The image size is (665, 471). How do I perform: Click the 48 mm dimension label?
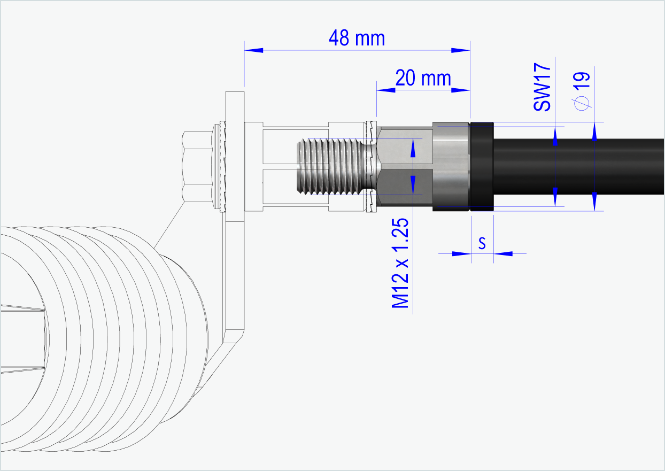357,38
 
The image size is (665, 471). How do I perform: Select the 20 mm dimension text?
423,79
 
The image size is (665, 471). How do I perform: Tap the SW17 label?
542,87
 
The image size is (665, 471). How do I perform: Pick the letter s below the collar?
482,244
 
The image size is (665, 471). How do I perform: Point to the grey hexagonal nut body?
404,166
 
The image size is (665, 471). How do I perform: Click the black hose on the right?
577,166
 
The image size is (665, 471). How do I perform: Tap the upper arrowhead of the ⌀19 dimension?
594,130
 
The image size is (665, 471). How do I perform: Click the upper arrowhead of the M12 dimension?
413,149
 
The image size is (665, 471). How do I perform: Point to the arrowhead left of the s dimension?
461,253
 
